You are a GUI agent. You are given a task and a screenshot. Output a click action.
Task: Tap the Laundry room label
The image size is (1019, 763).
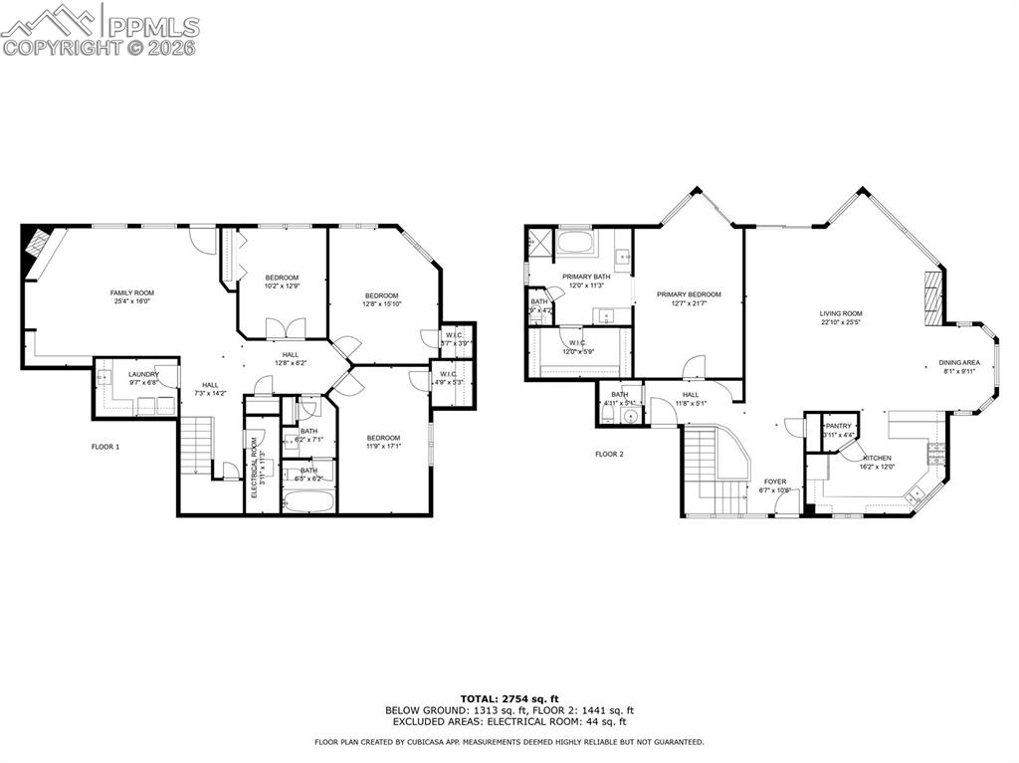(x=143, y=374)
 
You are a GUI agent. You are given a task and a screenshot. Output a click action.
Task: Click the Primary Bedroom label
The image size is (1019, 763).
(x=689, y=294)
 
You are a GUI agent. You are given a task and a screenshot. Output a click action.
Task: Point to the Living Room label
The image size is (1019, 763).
(x=841, y=313)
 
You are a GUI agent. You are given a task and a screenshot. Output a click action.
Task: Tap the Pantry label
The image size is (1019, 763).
(x=839, y=426)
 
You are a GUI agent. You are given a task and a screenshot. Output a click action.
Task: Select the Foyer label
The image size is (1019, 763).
(x=775, y=481)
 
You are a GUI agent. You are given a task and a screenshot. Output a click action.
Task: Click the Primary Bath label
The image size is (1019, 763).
(x=586, y=277)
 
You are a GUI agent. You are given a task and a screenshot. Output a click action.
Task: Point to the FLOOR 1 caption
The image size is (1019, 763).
(x=105, y=447)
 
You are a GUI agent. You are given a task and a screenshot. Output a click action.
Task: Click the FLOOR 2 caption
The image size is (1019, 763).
(x=609, y=454)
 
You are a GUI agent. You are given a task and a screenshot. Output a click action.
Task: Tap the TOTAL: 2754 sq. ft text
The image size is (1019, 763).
(x=509, y=698)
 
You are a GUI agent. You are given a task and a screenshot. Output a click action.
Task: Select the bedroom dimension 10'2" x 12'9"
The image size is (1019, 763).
(x=282, y=286)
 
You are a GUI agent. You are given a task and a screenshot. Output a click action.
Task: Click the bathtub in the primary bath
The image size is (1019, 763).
(x=574, y=242)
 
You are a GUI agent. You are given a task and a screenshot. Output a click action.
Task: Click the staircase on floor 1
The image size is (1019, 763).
(x=196, y=446)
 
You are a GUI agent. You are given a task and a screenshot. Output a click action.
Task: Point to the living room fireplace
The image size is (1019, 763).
(x=932, y=296)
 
